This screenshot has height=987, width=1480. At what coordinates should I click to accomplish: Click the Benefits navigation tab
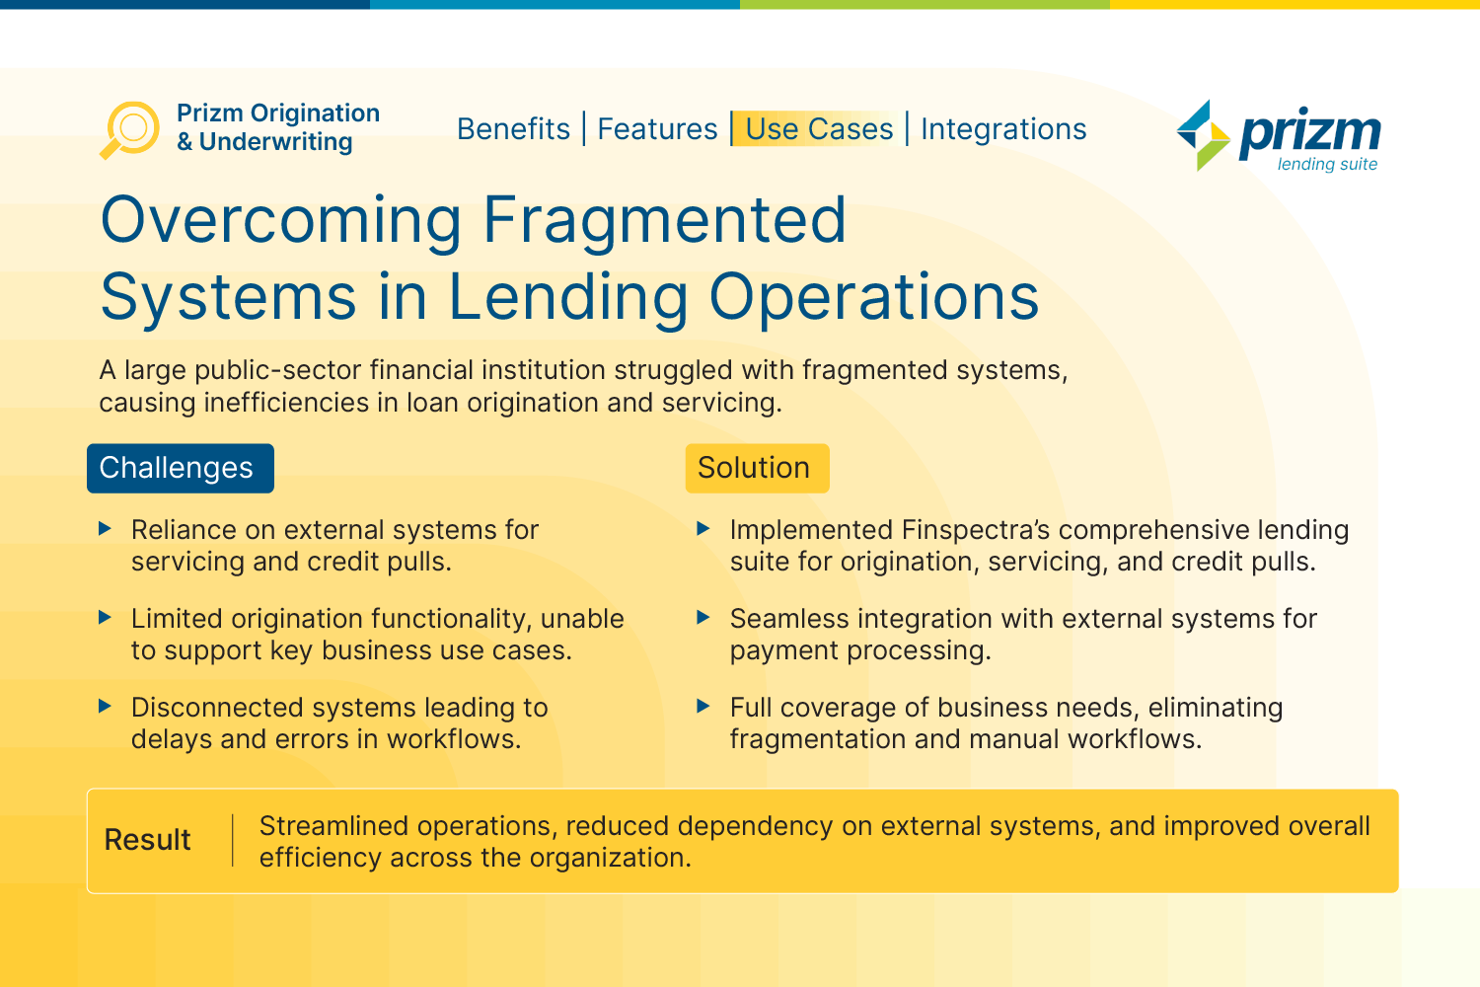pyautogui.click(x=513, y=128)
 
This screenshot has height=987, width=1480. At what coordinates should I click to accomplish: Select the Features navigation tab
pyautogui.click(x=657, y=128)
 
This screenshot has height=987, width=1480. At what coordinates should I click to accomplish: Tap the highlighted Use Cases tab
pyautogui.click(x=819, y=128)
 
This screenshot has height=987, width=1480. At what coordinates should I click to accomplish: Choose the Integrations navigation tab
pyautogui.click(x=1003, y=129)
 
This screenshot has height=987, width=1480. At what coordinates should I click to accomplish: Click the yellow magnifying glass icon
pyautogui.click(x=129, y=130)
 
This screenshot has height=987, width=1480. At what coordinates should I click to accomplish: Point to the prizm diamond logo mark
pyautogui.click(x=1204, y=135)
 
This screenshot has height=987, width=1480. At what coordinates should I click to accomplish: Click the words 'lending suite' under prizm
pyautogui.click(x=1327, y=164)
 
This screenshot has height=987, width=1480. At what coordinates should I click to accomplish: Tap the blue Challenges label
pyautogui.click(x=181, y=468)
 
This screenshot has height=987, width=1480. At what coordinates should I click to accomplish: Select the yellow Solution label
pyautogui.click(x=757, y=468)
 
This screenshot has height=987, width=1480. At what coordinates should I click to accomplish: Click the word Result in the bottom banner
pyautogui.click(x=147, y=840)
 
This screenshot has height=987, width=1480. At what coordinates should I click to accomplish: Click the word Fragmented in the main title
pyautogui.click(x=665, y=220)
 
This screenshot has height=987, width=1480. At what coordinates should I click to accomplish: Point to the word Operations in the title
pyautogui.click(x=874, y=297)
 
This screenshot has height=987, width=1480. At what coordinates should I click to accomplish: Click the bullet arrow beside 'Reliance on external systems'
pyautogui.click(x=105, y=528)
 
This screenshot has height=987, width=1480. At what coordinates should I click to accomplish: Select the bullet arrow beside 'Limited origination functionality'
pyautogui.click(x=105, y=618)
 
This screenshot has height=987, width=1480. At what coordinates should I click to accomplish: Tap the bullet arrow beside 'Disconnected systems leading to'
pyautogui.click(x=105, y=706)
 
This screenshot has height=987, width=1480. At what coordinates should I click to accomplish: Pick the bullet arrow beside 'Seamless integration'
pyautogui.click(x=703, y=618)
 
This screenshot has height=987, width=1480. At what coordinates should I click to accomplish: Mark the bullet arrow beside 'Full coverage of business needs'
pyautogui.click(x=703, y=706)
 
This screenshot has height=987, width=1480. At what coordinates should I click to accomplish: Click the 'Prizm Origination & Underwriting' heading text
pyautogui.click(x=278, y=127)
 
